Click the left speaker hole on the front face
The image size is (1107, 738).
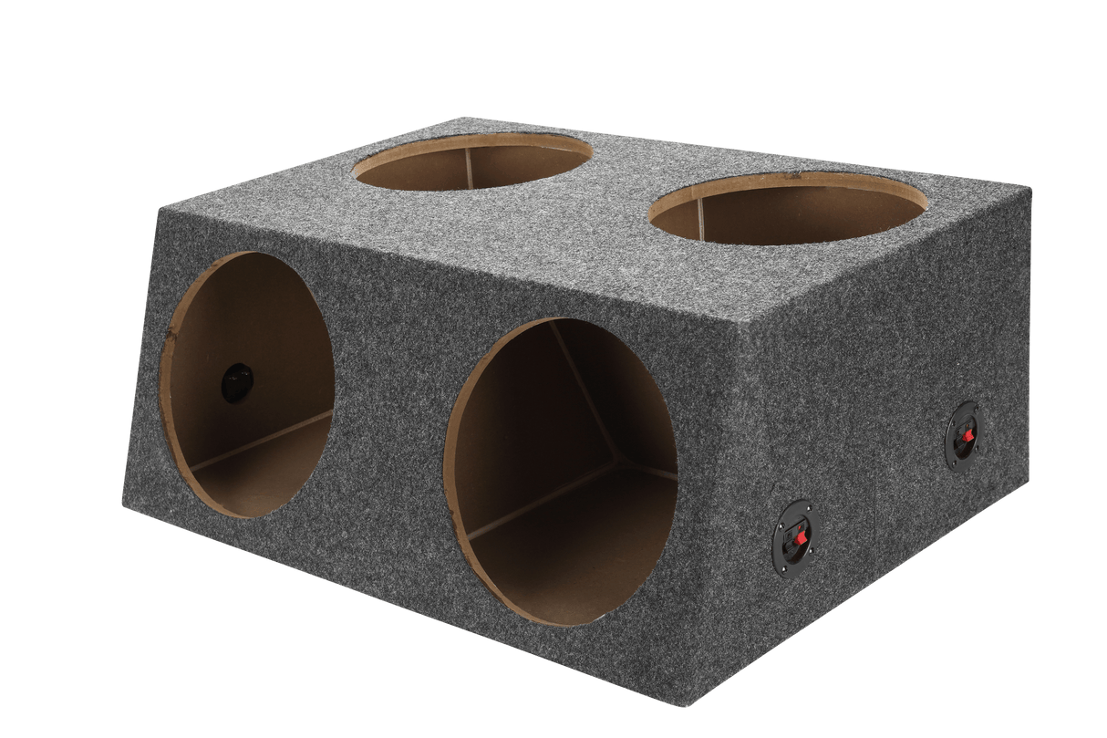[x=247, y=384]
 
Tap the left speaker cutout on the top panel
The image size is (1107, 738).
[x=472, y=161]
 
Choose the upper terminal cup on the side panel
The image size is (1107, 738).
[x=962, y=437]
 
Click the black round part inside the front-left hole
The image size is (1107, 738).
[x=237, y=382]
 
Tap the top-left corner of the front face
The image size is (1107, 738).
[x=160, y=209]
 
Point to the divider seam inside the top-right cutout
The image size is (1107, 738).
[x=701, y=219]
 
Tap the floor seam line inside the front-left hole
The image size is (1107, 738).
[x=264, y=442]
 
